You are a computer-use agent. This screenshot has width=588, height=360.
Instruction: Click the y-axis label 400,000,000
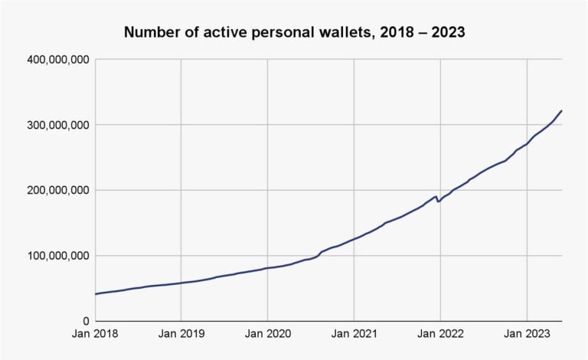(58, 60)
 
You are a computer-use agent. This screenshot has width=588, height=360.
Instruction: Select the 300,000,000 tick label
(58, 125)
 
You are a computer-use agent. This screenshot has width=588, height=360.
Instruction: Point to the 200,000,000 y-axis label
(58, 191)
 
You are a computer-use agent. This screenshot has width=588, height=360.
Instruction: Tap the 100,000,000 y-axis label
(58, 256)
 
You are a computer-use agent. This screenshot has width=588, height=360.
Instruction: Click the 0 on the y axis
(87, 321)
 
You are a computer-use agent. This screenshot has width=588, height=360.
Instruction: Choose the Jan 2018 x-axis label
(95, 333)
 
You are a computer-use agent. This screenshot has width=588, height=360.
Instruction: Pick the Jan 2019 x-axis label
(181, 333)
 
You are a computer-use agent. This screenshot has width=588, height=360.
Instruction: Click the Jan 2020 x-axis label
(268, 333)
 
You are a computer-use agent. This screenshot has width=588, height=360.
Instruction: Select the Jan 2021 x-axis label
(354, 333)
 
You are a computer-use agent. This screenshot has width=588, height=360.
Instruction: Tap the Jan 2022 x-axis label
(441, 333)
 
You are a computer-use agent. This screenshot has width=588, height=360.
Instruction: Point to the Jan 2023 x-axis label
(527, 333)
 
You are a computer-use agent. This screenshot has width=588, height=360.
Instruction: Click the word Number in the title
(149, 32)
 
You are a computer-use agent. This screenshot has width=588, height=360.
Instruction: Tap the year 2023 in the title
(448, 32)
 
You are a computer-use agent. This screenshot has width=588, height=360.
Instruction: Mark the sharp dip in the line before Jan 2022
(438, 201)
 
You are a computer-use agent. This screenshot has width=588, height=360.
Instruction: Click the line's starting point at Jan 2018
(96, 294)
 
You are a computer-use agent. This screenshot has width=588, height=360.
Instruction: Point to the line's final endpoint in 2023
(561, 111)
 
